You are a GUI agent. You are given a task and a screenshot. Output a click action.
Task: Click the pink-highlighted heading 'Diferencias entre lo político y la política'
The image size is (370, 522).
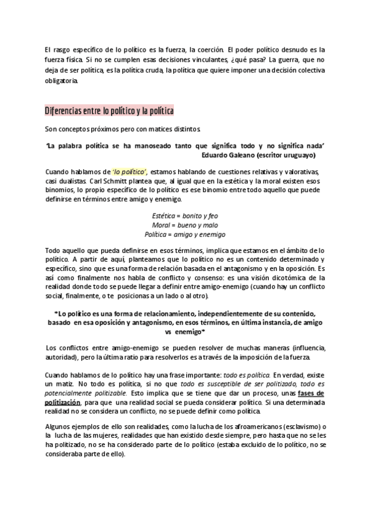tap(109, 111)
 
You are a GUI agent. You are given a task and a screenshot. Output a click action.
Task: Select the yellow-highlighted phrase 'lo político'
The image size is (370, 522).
tap(129, 171)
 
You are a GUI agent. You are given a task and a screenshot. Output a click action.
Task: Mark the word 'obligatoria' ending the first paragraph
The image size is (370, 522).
tap(61, 81)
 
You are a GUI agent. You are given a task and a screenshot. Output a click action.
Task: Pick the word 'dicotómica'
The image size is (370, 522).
tap(279, 278)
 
